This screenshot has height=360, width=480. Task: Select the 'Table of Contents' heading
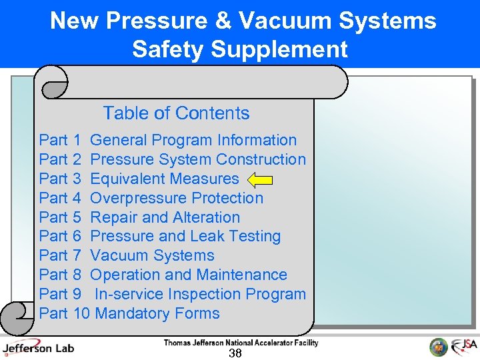pos(176,113)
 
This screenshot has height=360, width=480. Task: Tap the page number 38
pos(235,353)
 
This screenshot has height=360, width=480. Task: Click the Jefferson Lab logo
pos(38,347)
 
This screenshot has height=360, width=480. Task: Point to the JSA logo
pos(464,347)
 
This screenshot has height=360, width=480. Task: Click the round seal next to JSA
pos(439,347)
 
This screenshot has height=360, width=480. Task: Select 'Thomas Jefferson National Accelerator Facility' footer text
pos(241,343)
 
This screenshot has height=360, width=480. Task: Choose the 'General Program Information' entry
pos(193,140)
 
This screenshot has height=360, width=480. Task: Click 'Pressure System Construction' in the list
pos(198,159)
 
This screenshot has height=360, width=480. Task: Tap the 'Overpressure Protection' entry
pos(177,198)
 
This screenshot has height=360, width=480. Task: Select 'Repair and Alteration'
pos(165,217)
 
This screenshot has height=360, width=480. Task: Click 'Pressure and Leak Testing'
pos(185,236)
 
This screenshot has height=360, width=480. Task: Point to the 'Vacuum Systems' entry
pos(152,255)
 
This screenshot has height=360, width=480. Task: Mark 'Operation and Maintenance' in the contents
pos(189,275)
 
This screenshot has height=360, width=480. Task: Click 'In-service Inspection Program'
pos(200,294)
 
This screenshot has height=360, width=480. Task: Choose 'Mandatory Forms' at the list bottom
pos(157,313)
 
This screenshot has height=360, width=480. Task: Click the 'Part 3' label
pos(60,179)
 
